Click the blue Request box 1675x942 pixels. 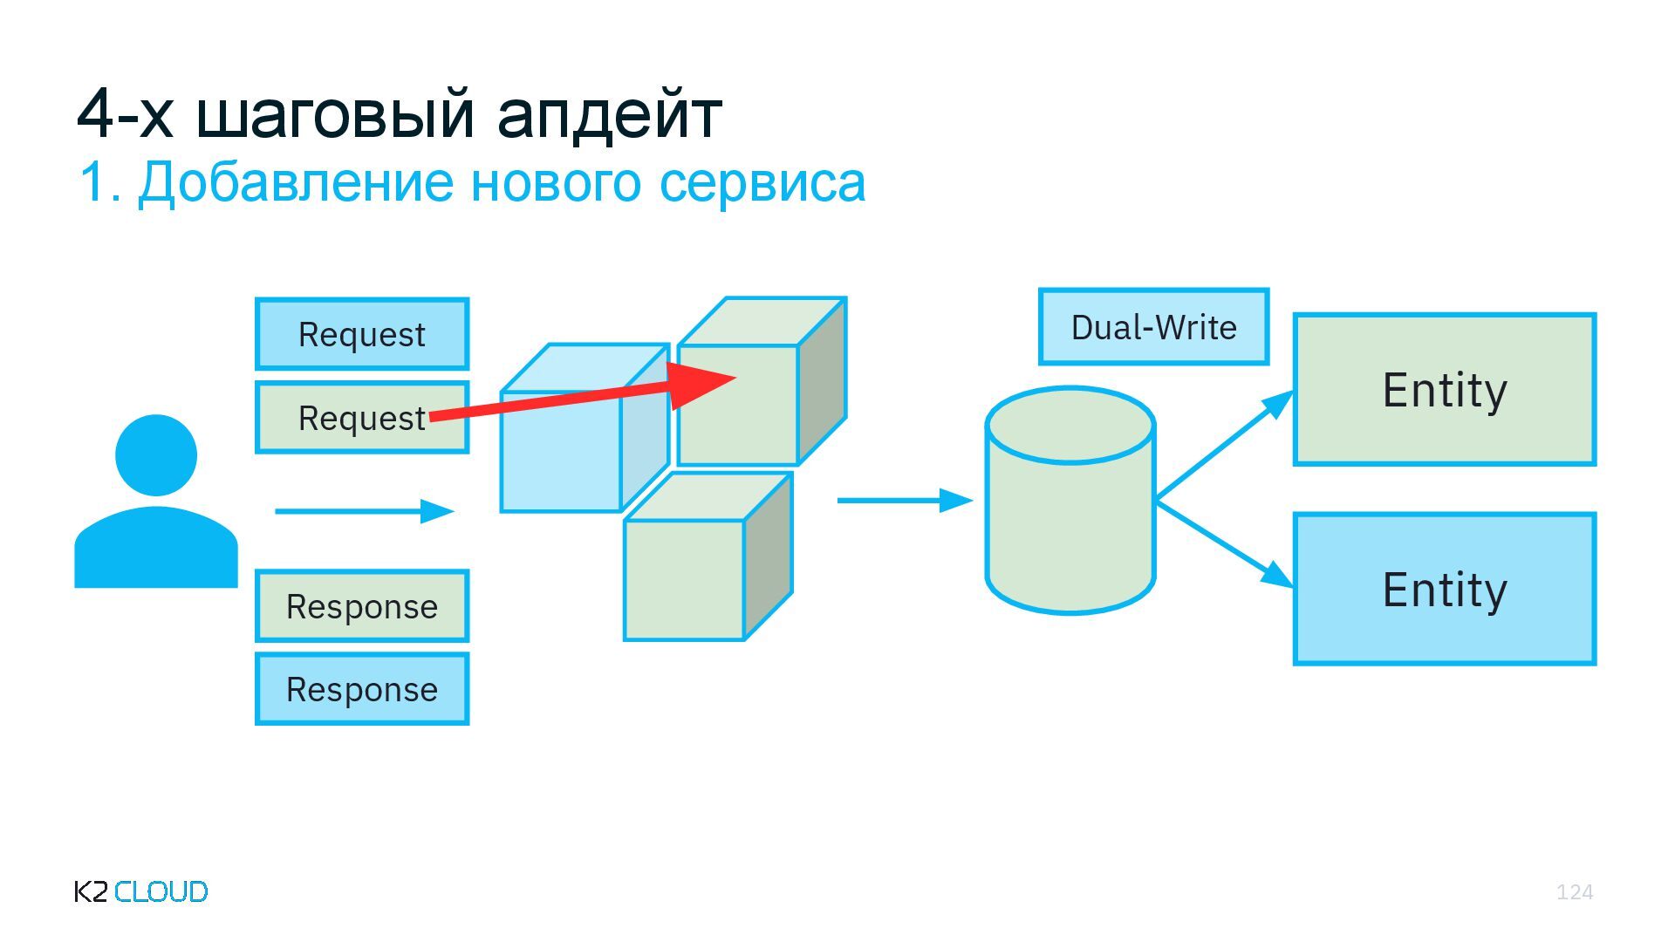point(362,334)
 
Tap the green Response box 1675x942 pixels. point(362,606)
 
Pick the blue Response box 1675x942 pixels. point(362,689)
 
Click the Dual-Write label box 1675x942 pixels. point(1153,327)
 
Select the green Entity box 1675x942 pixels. point(1445,390)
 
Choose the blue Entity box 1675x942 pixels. point(1445,590)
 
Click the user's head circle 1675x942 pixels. point(156,454)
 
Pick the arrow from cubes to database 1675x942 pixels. point(904,501)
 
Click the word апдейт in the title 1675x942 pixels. point(609,113)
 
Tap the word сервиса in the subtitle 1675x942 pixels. point(762,182)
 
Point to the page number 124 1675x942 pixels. point(1575,891)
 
